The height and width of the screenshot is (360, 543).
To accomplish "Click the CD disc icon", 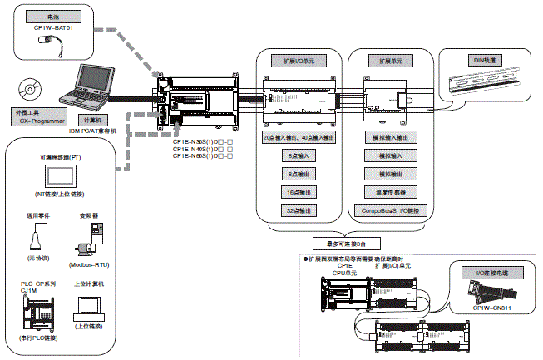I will (x=30, y=88).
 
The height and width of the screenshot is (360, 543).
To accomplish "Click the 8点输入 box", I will (x=298, y=155).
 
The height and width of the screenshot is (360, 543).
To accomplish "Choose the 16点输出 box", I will (x=298, y=192).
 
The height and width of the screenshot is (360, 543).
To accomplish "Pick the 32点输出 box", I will (x=298, y=210).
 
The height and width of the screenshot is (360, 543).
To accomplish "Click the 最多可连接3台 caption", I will (x=342, y=243).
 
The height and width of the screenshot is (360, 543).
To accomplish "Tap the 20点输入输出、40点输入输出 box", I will (x=298, y=137).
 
